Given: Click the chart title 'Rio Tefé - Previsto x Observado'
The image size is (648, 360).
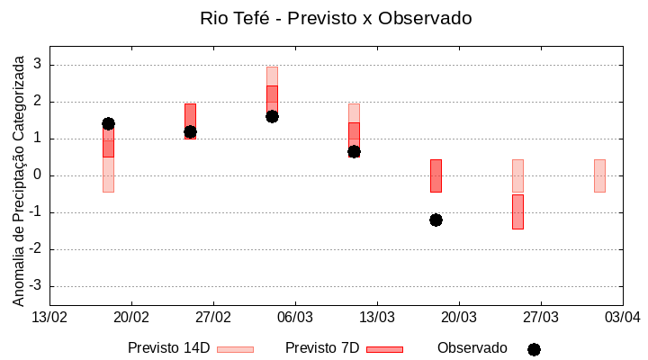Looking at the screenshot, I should [x=336, y=18].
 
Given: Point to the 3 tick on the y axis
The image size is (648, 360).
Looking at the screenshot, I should [x=38, y=65].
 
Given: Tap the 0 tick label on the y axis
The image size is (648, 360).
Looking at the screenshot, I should [x=38, y=175].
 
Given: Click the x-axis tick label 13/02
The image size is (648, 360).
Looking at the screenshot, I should [x=49, y=317].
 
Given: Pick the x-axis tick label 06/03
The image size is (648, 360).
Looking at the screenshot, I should [x=294, y=317].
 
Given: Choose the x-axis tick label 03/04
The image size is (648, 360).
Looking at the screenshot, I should [x=622, y=317].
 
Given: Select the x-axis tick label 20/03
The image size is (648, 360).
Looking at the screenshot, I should [x=458, y=317].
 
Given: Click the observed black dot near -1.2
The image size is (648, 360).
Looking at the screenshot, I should [x=436, y=220].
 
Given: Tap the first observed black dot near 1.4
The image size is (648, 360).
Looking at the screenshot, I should [x=108, y=123].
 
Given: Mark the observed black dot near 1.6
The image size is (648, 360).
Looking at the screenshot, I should [x=272, y=116].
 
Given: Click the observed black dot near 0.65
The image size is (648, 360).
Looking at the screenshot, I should [x=354, y=151].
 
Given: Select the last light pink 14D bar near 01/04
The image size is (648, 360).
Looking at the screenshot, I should [x=599, y=175].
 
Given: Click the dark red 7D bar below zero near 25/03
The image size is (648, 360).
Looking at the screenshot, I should [x=517, y=211].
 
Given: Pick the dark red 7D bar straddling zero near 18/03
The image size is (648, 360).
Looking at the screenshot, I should [x=436, y=175].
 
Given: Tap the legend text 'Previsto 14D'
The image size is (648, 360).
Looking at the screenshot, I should [x=168, y=348].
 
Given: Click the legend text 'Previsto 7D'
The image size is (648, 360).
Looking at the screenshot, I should [x=322, y=348].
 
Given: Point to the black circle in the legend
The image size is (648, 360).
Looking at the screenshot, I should [x=534, y=349].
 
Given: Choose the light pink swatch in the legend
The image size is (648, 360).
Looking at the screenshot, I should [x=235, y=349].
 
